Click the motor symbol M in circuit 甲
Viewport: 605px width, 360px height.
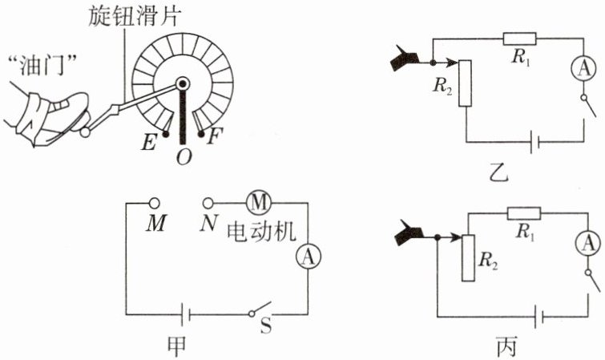coord(258,201)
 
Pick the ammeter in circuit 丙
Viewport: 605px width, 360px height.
coord(587,241)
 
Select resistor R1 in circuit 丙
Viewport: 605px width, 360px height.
coord(524,212)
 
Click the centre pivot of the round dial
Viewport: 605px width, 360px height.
coord(184,83)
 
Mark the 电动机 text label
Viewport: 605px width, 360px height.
coord(262,230)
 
